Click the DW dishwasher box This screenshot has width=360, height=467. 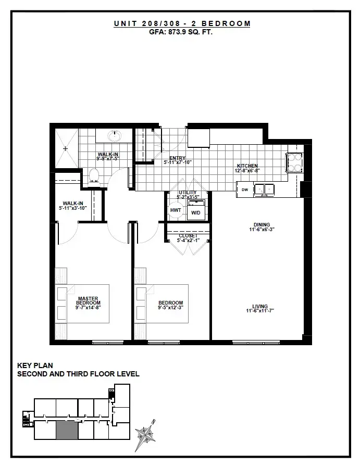[x=245, y=190]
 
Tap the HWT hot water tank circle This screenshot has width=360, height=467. [x=176, y=210]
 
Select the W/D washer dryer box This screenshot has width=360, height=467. [x=196, y=210]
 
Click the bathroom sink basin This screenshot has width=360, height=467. [x=115, y=136]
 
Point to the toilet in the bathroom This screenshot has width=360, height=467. [x=94, y=176]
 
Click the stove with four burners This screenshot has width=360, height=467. [x=295, y=162]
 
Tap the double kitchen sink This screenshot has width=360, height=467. [x=264, y=190]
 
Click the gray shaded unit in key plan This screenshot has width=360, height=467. [x=67, y=431]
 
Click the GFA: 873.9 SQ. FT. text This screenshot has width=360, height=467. [x=181, y=32]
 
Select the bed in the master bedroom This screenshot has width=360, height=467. [x=82, y=304]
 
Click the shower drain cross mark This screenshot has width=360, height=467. [x=66, y=148]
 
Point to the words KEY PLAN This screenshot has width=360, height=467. [x=35, y=365]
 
